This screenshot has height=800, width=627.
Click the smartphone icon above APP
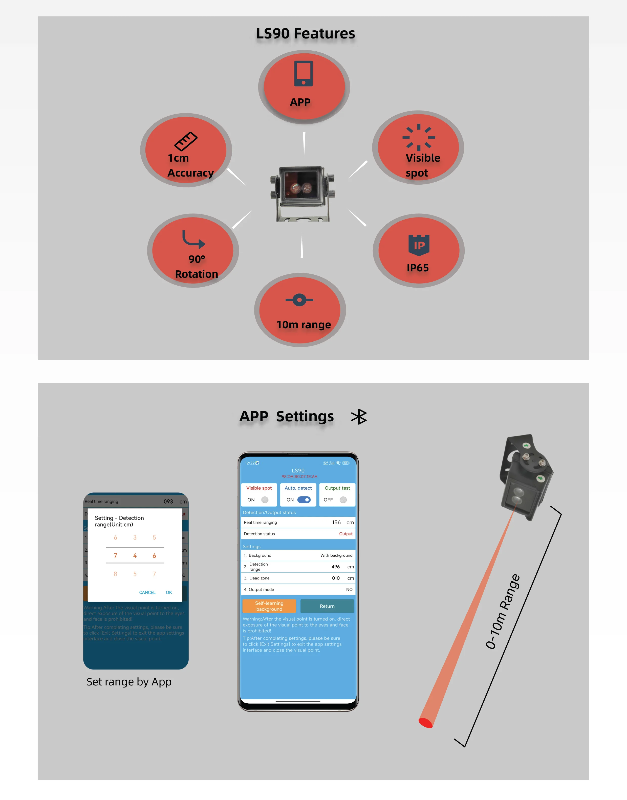pos(303,73)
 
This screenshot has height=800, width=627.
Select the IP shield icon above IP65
pos(419,245)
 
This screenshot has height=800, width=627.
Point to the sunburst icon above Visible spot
pos(419,137)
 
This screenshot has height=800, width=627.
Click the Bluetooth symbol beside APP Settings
pos(359,417)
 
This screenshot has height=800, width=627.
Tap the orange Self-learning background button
pos(269,606)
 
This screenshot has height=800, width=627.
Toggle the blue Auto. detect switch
pos(304,500)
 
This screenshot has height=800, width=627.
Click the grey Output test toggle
pos(343,500)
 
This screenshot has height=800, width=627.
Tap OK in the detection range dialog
pos(169,592)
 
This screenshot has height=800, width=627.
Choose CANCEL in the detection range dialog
pos(147,592)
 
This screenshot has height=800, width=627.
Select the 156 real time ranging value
pos(336,523)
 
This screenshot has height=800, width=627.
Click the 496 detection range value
pos(336,567)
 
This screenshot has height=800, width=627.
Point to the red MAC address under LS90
pos(299,477)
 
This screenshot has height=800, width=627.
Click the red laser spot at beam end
pos(425,723)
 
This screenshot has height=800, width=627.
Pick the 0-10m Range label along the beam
pos(503,612)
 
